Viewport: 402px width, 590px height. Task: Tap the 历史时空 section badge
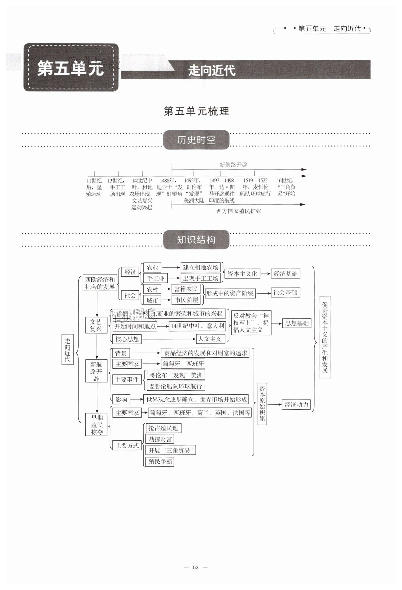[196, 140]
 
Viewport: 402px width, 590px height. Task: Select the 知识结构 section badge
[196, 240]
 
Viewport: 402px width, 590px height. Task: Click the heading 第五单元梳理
[196, 111]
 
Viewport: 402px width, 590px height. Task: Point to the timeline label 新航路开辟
[233, 165]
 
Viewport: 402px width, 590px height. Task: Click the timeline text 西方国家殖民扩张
[239, 211]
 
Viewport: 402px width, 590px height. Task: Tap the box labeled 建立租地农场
[200, 267]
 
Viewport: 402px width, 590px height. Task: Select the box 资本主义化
[242, 274]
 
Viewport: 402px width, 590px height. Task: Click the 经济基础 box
[285, 274]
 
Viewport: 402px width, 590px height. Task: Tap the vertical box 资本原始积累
[262, 404]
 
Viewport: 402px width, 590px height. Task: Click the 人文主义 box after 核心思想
[210, 339]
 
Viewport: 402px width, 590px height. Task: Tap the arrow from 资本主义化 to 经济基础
[265, 274]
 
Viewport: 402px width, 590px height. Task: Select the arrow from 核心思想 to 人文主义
[169, 339]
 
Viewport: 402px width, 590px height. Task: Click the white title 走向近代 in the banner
[212, 70]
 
